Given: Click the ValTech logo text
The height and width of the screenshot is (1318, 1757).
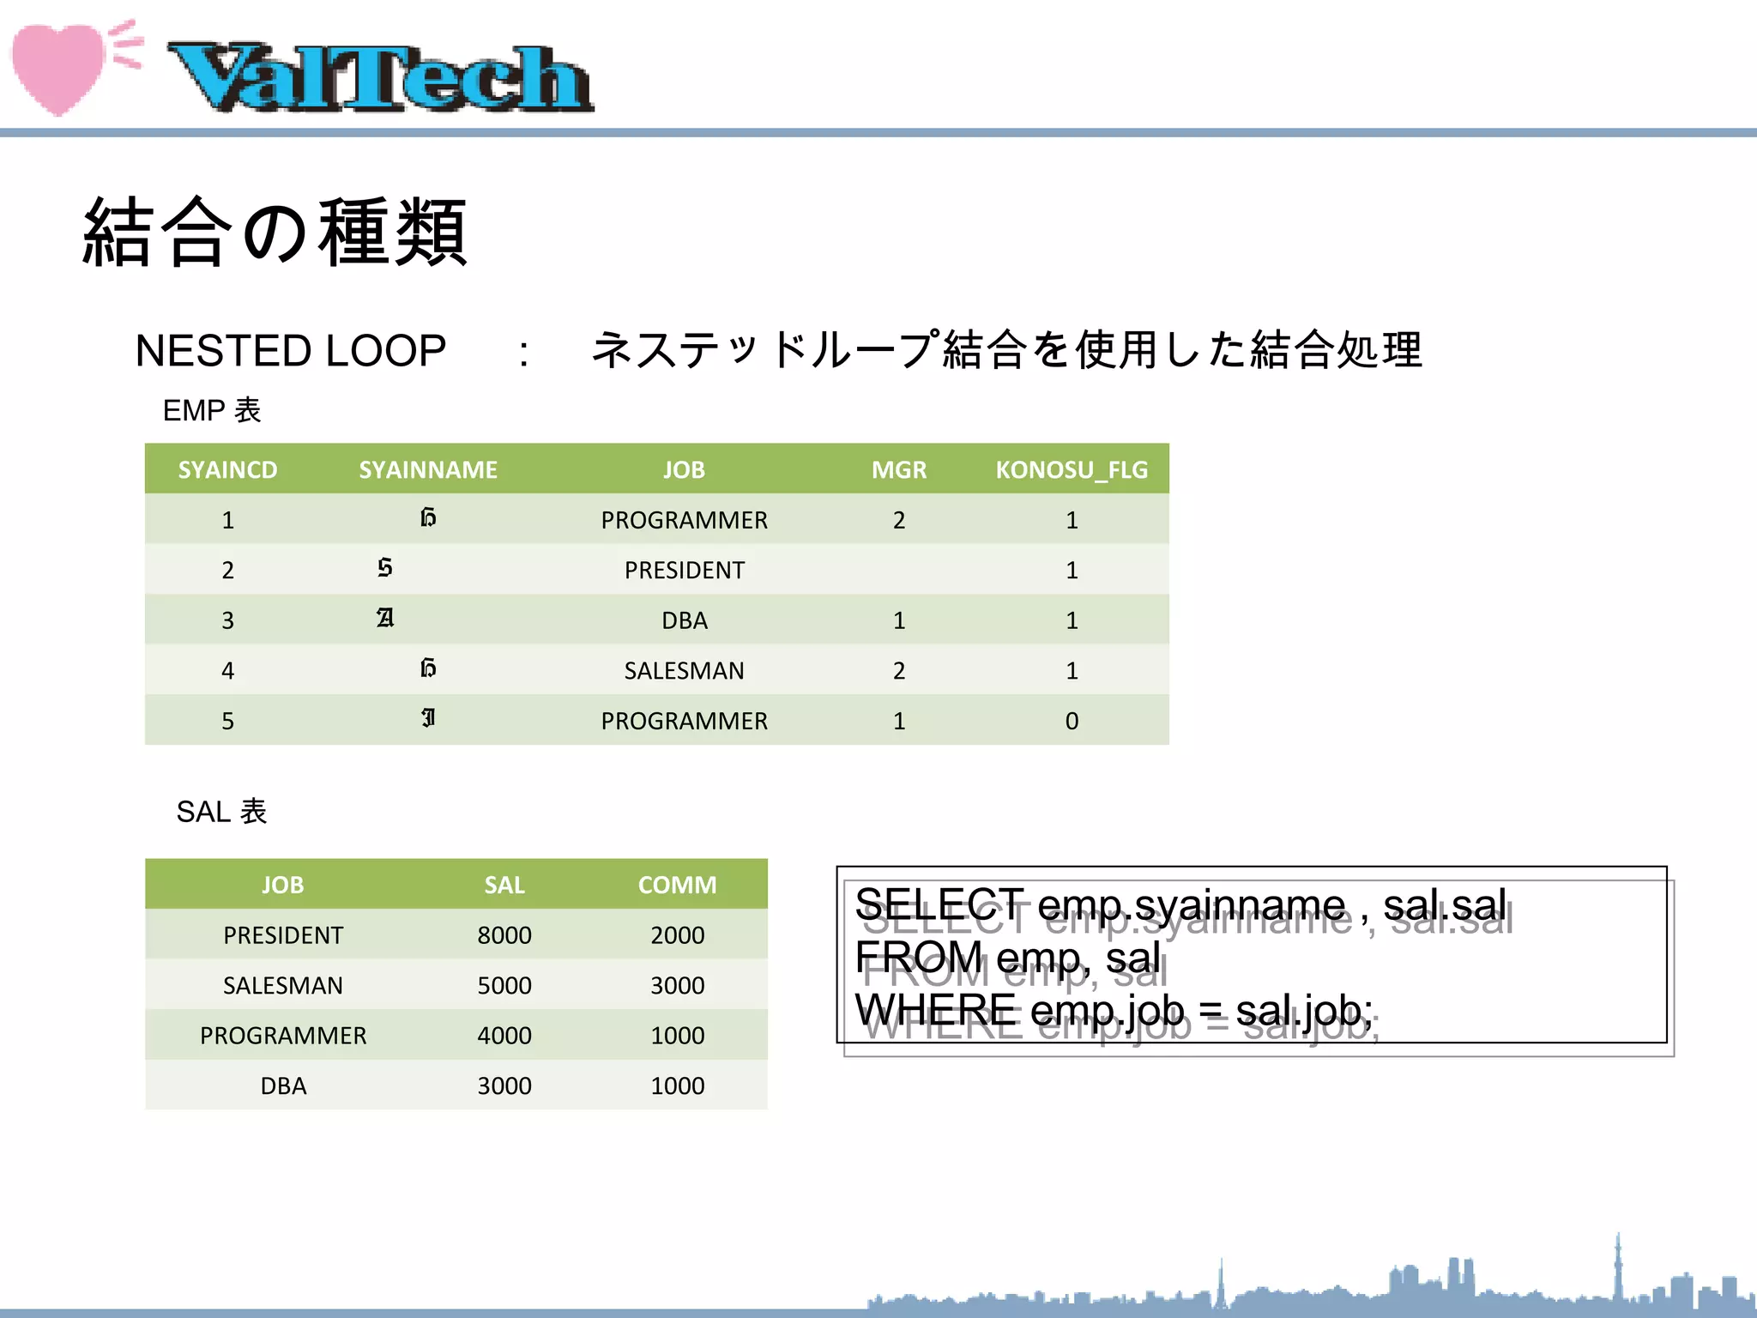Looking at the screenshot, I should tap(380, 78).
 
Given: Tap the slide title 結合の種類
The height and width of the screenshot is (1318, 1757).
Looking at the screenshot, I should tap(275, 232).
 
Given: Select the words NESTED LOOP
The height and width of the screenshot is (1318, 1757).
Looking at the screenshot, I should tap(290, 351).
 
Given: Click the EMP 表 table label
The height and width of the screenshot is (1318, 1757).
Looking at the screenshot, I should tap(211, 410).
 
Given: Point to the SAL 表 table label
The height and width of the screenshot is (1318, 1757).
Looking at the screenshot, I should tap(221, 811).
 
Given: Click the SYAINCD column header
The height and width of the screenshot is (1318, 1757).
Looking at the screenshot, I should tap(227, 469).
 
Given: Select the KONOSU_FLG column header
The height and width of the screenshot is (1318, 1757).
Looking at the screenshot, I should tap(1071, 469).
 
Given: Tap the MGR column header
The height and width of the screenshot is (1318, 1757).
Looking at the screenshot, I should tap(898, 469).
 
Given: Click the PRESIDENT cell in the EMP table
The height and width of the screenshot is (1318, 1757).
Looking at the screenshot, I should tap(684, 570).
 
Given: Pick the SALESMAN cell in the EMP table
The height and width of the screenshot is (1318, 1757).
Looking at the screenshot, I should tap(684, 670).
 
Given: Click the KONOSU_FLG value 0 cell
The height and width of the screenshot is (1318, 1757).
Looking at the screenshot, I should tap(1072, 721).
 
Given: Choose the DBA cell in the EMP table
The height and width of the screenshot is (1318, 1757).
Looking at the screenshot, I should tap(684, 620).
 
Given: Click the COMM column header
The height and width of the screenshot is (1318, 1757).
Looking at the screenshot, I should tap(677, 885).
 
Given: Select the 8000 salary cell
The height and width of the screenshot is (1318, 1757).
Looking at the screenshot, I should tap(504, 935).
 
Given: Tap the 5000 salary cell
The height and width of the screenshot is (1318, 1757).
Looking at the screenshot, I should tap(504, 985).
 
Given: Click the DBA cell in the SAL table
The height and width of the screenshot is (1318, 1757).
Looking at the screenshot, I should tap(283, 1085).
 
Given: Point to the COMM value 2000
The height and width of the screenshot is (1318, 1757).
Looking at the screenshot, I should tap(677, 935).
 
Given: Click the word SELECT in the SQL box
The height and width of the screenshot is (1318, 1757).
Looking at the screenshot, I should tap(939, 905).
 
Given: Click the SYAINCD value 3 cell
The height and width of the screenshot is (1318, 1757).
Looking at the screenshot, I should tap(227, 620).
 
